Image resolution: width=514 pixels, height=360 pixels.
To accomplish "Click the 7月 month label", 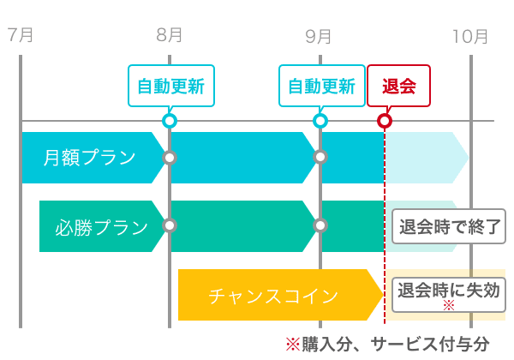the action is pos(21,35).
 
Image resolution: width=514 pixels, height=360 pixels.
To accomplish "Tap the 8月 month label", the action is pos(169,35).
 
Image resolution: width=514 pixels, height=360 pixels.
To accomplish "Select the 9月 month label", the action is pos(318,36).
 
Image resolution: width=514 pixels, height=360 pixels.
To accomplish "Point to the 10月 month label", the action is pos(470,36).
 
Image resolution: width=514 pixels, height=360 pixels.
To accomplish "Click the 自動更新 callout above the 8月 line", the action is pos(171,86).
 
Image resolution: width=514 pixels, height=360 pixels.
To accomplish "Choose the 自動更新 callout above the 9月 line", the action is pos(322,86).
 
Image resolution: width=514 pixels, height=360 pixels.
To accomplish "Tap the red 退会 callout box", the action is pos(398,86).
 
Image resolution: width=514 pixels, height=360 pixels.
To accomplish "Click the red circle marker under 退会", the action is pos(385,121).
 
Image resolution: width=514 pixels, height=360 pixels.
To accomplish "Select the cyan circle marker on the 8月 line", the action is pos(170,121).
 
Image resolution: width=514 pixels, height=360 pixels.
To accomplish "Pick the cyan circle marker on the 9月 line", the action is pos(320,121).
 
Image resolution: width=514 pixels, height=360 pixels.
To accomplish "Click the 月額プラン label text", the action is pos(89,158).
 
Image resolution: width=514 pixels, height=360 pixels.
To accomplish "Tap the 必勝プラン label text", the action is pos(102,227).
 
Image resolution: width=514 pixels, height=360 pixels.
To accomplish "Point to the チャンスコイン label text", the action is pos(273,296).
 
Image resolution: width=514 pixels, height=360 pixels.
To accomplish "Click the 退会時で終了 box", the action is pos(449,226).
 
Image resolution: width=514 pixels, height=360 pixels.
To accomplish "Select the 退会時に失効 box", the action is pos(449,295).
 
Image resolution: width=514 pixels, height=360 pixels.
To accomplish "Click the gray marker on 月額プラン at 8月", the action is pos(170,158).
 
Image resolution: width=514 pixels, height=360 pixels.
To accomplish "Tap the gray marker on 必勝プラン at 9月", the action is pos(320,225).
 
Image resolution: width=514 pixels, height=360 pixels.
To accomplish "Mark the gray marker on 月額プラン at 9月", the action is pos(320,157).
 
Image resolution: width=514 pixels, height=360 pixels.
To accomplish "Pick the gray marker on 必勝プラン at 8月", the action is pos(170,225).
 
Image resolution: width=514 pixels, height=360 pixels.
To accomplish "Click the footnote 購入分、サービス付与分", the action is pos(396,345).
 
